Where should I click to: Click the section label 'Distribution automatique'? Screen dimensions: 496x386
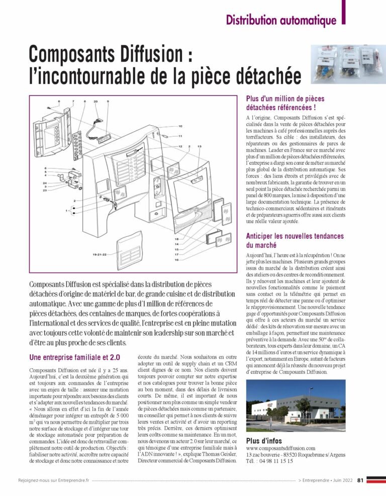281,21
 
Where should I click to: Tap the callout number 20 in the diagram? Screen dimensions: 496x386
95,102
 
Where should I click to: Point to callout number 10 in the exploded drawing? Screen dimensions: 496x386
180,126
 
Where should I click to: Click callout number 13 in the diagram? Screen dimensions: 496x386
200,146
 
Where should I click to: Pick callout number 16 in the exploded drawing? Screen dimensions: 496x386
177,260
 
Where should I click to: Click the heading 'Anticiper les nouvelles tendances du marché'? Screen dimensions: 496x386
295,240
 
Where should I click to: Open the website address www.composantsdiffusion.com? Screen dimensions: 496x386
280,448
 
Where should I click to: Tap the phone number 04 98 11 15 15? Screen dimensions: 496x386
276,461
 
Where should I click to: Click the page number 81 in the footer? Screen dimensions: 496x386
360,480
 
